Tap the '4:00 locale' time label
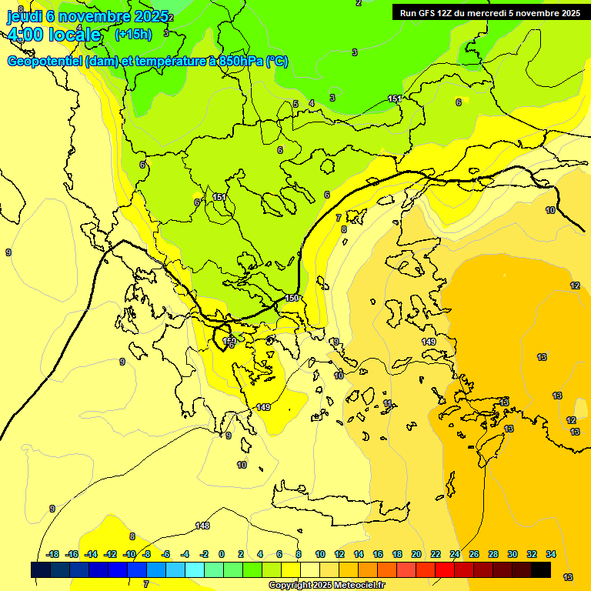click(54, 35)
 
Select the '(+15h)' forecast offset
click(133, 34)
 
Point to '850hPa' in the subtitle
click(241, 62)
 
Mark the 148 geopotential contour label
click(202, 526)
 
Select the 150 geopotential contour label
click(292, 298)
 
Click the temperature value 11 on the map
click(388, 403)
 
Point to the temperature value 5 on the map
click(295, 104)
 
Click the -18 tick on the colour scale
click(52, 554)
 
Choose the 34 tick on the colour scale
click(551, 554)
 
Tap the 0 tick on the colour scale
click(222, 554)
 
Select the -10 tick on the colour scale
click(129, 554)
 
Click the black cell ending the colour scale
click(541, 569)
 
